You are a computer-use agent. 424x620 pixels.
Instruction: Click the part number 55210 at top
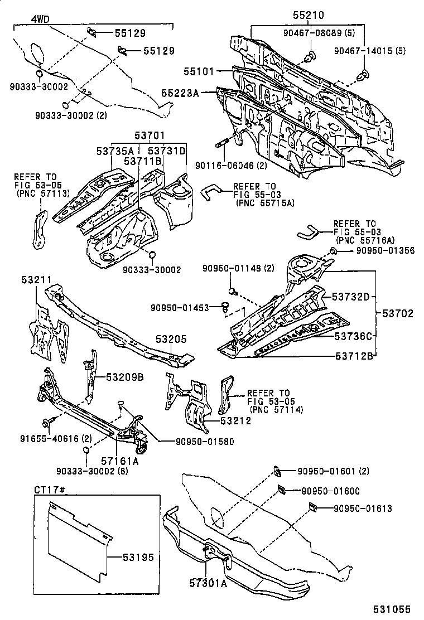[x=308, y=16]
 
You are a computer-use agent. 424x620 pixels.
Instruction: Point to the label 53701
[x=149, y=135]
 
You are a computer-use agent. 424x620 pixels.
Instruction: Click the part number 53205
[x=171, y=338]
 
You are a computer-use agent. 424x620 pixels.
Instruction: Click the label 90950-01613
[x=363, y=508]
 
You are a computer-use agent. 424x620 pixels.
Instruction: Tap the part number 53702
[x=398, y=314]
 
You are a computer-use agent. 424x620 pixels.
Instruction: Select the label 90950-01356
[x=385, y=251]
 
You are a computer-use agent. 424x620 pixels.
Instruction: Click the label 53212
[x=235, y=421]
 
